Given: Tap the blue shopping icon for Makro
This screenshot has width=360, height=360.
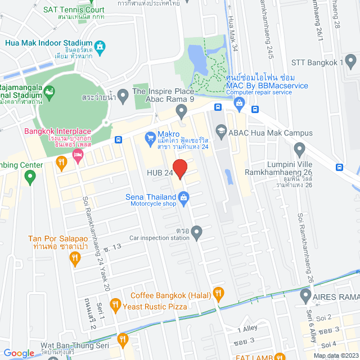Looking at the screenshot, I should click(150, 137).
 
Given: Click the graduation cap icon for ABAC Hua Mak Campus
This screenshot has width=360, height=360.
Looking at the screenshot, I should click(220, 130).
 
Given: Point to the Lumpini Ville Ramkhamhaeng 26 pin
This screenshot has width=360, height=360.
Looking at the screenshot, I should click(299, 149).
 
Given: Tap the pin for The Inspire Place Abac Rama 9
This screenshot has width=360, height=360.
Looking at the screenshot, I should click(181, 112).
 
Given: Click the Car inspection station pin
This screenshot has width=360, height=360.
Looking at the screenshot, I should click(196, 231).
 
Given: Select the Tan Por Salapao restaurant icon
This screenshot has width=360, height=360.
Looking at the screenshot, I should click(75, 258).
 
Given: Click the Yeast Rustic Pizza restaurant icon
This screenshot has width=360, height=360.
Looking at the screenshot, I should click(115, 305).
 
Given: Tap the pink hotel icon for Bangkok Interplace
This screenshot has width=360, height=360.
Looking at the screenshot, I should click(78, 160).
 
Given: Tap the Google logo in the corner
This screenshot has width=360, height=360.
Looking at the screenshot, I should click(19, 353).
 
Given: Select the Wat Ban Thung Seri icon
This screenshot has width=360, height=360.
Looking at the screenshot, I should click(122, 339).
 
